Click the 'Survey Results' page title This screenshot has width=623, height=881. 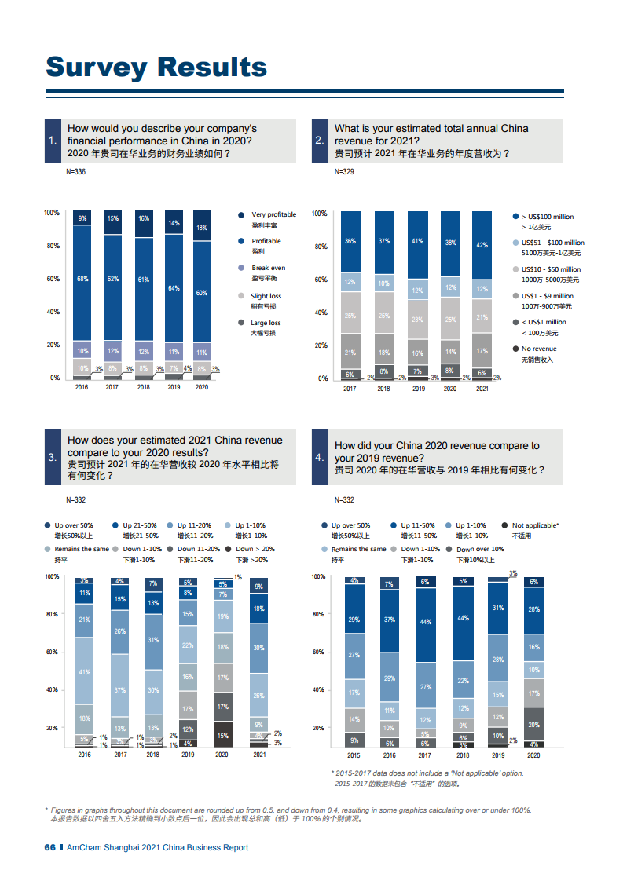pos(156,67)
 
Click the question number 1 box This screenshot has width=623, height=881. pos(53,141)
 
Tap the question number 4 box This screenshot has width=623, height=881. pos(320,458)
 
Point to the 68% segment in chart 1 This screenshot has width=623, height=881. pos(82,279)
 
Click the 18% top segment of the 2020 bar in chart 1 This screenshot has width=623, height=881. pos(202,227)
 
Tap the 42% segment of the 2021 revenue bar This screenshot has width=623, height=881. pos(482,244)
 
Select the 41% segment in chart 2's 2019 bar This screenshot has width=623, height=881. pos(418,242)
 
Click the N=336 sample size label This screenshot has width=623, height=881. pos(76,171)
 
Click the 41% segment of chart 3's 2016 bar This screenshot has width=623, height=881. pos(84,672)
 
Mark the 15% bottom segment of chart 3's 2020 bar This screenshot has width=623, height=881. pos(223,735)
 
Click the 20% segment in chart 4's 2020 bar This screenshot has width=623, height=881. pos(534,724)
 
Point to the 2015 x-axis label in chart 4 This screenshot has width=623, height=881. pos(354,755)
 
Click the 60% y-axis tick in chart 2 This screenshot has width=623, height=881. pos(321,280)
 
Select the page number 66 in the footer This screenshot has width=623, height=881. pos(50,847)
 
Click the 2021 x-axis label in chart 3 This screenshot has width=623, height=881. pos(259,755)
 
